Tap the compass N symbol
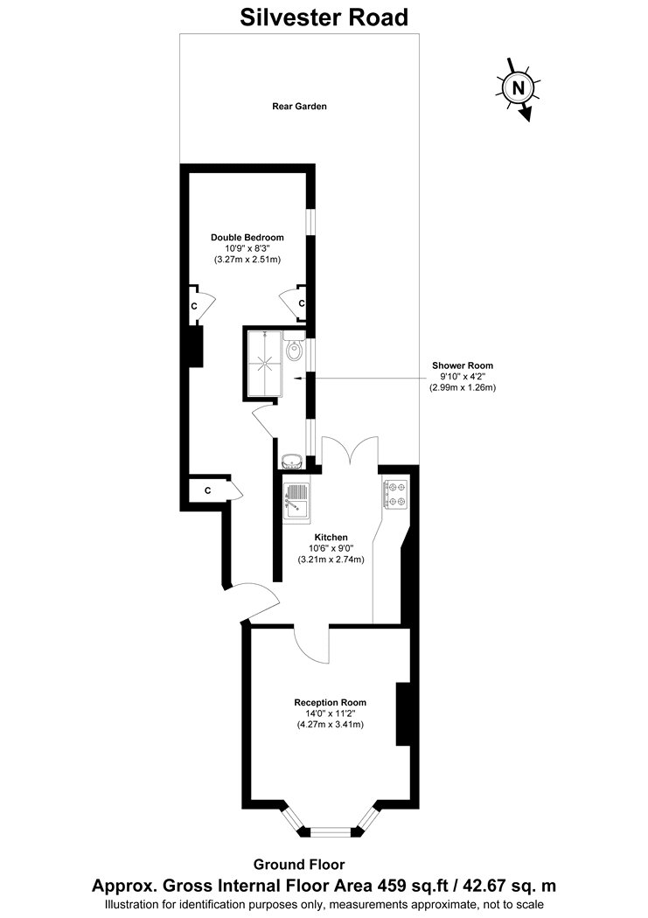click(x=518, y=88)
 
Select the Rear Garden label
click(x=299, y=107)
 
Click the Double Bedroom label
click(x=247, y=238)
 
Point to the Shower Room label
click(x=463, y=366)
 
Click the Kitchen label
click(x=331, y=538)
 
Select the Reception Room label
click(x=331, y=703)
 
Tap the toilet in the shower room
click(x=295, y=346)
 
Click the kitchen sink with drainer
click(x=296, y=501)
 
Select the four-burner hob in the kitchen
click(x=395, y=494)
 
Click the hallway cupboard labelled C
click(x=208, y=490)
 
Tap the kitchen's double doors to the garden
click(x=350, y=450)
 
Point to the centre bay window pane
click(x=331, y=830)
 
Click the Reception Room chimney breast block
click(x=403, y=713)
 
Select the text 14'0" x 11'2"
click(x=331, y=713)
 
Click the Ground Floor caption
click(x=299, y=864)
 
